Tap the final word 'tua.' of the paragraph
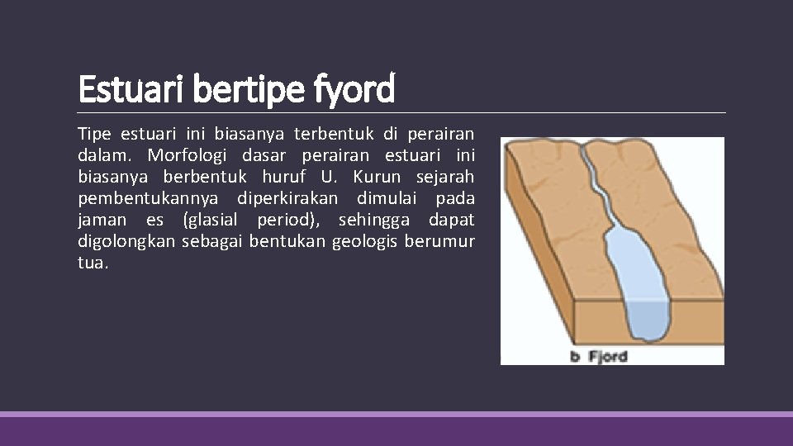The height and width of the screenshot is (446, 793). tap(93, 263)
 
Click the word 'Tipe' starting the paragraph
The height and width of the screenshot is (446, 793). tap(94, 133)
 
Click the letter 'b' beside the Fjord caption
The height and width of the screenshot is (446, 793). tap(576, 357)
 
